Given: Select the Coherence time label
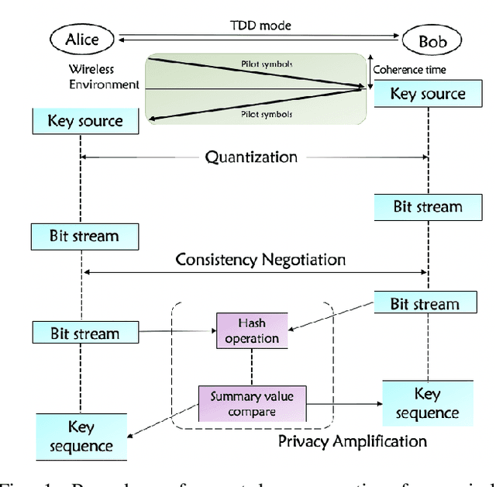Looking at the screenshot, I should click(410, 69).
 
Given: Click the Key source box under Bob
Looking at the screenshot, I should click(428, 94).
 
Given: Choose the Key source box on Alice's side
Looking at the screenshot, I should click(85, 121).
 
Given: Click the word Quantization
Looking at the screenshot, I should click(251, 157).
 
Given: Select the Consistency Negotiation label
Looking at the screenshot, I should click(260, 259).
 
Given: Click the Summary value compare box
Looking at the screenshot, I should click(253, 404).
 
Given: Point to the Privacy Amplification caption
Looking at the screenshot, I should click(352, 441).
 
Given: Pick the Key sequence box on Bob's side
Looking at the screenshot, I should click(427, 403).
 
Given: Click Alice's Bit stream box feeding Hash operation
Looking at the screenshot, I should click(85, 333).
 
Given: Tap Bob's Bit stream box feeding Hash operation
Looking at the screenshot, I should click(427, 304).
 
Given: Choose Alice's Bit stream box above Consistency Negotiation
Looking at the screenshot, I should click(85, 235).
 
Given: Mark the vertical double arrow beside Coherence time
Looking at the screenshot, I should click(370, 69).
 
